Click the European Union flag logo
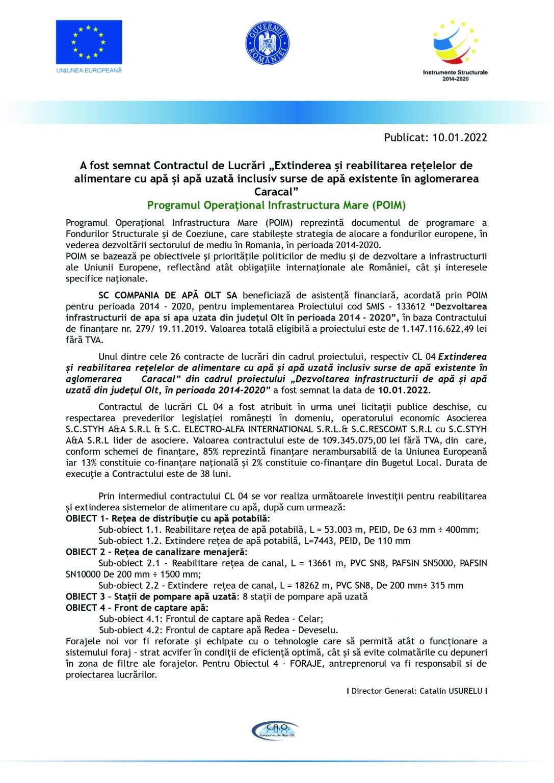click(89, 42)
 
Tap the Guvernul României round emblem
click(268, 43)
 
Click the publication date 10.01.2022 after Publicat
click(460, 138)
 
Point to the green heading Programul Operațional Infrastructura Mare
click(276, 205)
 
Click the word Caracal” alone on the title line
click(276, 192)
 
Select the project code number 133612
click(410, 307)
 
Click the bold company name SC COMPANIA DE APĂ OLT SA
click(168, 296)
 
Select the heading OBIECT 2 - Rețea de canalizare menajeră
click(156, 552)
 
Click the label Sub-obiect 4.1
click(129, 619)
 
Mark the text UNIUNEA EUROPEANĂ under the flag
click(89, 70)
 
